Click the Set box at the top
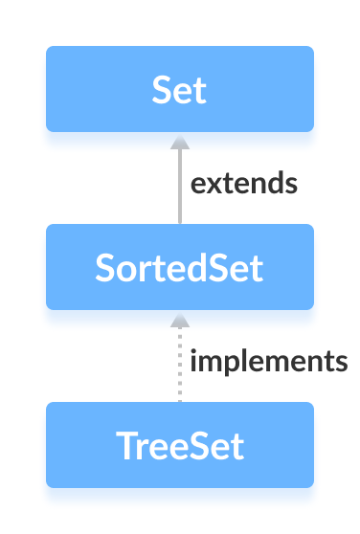pyautogui.click(x=180, y=89)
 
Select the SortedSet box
pyautogui.click(x=180, y=267)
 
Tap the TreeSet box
pyautogui.click(x=180, y=445)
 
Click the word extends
pyautogui.click(x=243, y=183)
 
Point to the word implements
pyautogui.click(x=268, y=362)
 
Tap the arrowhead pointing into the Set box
pyautogui.click(x=179, y=141)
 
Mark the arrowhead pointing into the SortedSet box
pyautogui.click(x=179, y=319)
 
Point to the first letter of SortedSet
pyautogui.click(x=105, y=268)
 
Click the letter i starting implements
pyautogui.click(x=194, y=361)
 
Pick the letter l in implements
pyautogui.click(x=241, y=361)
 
